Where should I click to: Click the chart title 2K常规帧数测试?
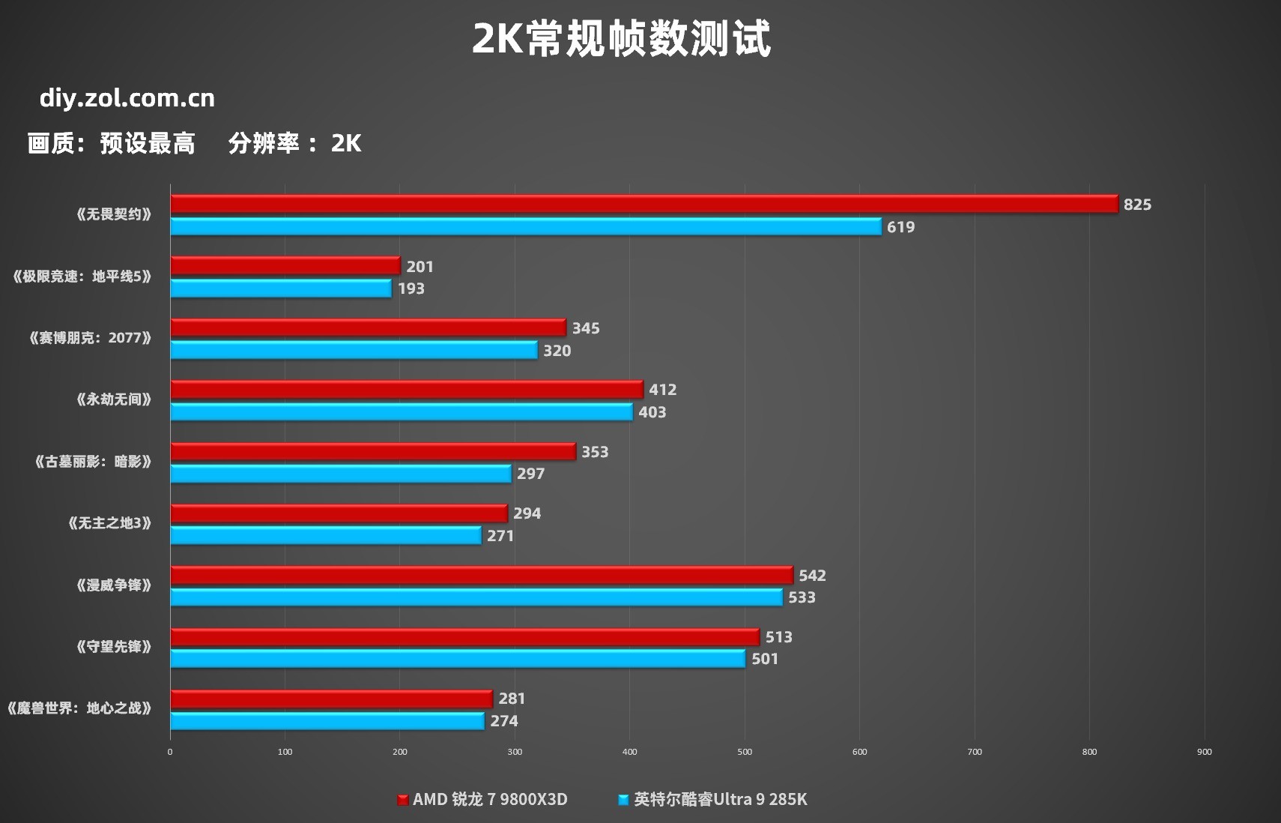coord(621,39)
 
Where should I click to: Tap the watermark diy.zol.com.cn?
coord(127,98)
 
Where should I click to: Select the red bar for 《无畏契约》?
coord(643,204)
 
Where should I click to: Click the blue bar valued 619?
coord(525,226)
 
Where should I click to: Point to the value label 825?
coord(1137,205)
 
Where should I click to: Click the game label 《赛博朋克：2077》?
coord(90,338)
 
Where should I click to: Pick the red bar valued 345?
coord(368,328)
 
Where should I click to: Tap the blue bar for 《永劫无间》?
coord(401,411)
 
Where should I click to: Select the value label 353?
coord(595,452)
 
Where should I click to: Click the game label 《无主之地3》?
coord(109,523)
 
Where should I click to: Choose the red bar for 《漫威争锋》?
coord(481,575)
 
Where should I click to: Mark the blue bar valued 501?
coord(457,659)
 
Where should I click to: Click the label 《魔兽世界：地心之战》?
coord(79,708)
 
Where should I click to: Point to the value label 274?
coord(504,721)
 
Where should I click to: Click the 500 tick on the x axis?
coord(745,752)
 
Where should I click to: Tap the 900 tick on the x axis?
coord(1205,752)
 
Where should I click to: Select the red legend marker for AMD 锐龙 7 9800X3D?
coord(402,800)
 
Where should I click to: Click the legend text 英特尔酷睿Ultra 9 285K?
coord(721,800)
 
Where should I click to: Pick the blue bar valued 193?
coord(280,289)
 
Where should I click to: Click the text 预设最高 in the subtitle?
coord(148,143)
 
